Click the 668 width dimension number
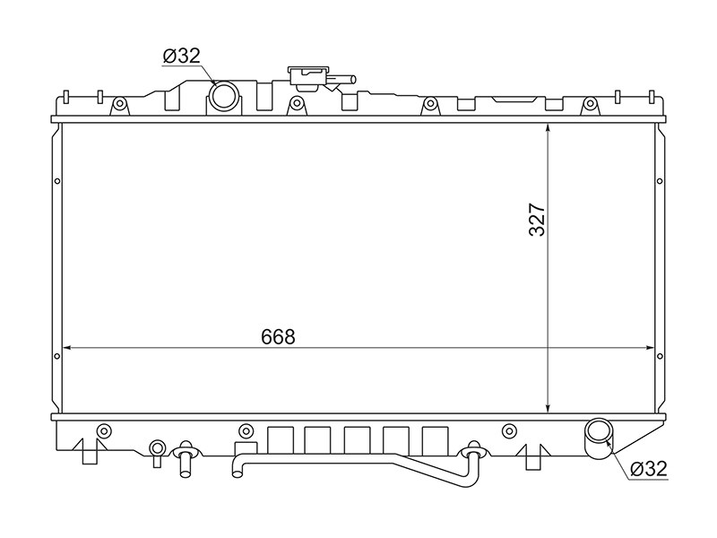click(x=278, y=336)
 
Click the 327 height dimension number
click(x=536, y=219)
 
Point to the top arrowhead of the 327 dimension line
click(x=548, y=128)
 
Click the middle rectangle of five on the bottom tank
click(x=356, y=438)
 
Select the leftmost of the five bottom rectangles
click(x=281, y=438)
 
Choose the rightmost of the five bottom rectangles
click(x=435, y=438)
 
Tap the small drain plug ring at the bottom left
click(x=158, y=447)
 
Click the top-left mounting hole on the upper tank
click(x=117, y=106)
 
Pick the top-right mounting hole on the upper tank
click(x=589, y=106)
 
